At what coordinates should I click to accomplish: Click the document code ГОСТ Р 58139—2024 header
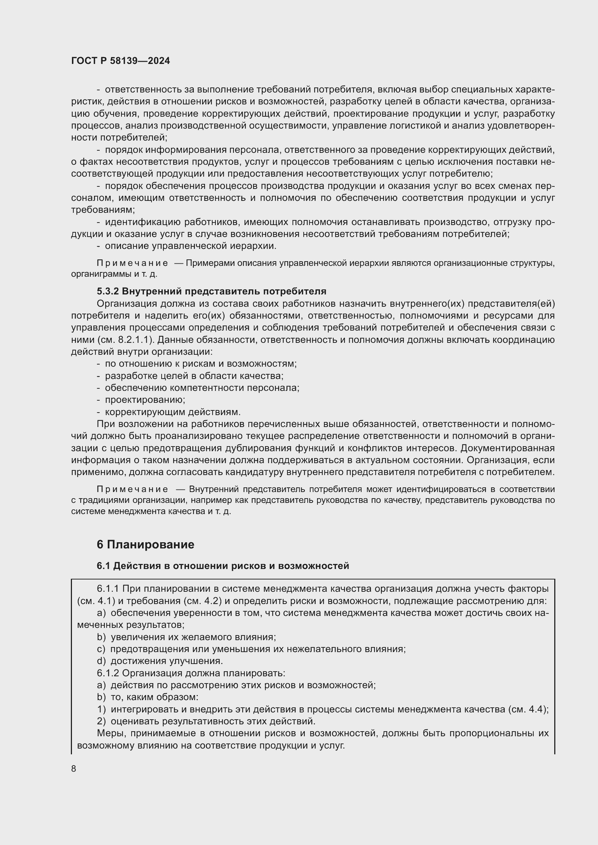[x=120, y=61]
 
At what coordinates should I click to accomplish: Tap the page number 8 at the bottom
[x=74, y=768]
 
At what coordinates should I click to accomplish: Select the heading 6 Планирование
[x=145, y=544]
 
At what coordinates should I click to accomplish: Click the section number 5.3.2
[x=107, y=291]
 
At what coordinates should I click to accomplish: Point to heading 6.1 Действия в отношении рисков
[x=222, y=566]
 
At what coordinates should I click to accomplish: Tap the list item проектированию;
[x=145, y=399]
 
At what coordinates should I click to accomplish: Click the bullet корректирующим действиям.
[x=172, y=411]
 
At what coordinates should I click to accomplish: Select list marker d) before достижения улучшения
[x=101, y=661]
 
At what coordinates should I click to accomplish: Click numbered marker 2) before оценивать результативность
[x=101, y=721]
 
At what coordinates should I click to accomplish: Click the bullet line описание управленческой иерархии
[x=191, y=246]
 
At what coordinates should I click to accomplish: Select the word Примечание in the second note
[x=132, y=489]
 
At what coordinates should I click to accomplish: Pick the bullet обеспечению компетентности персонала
[x=202, y=388]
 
